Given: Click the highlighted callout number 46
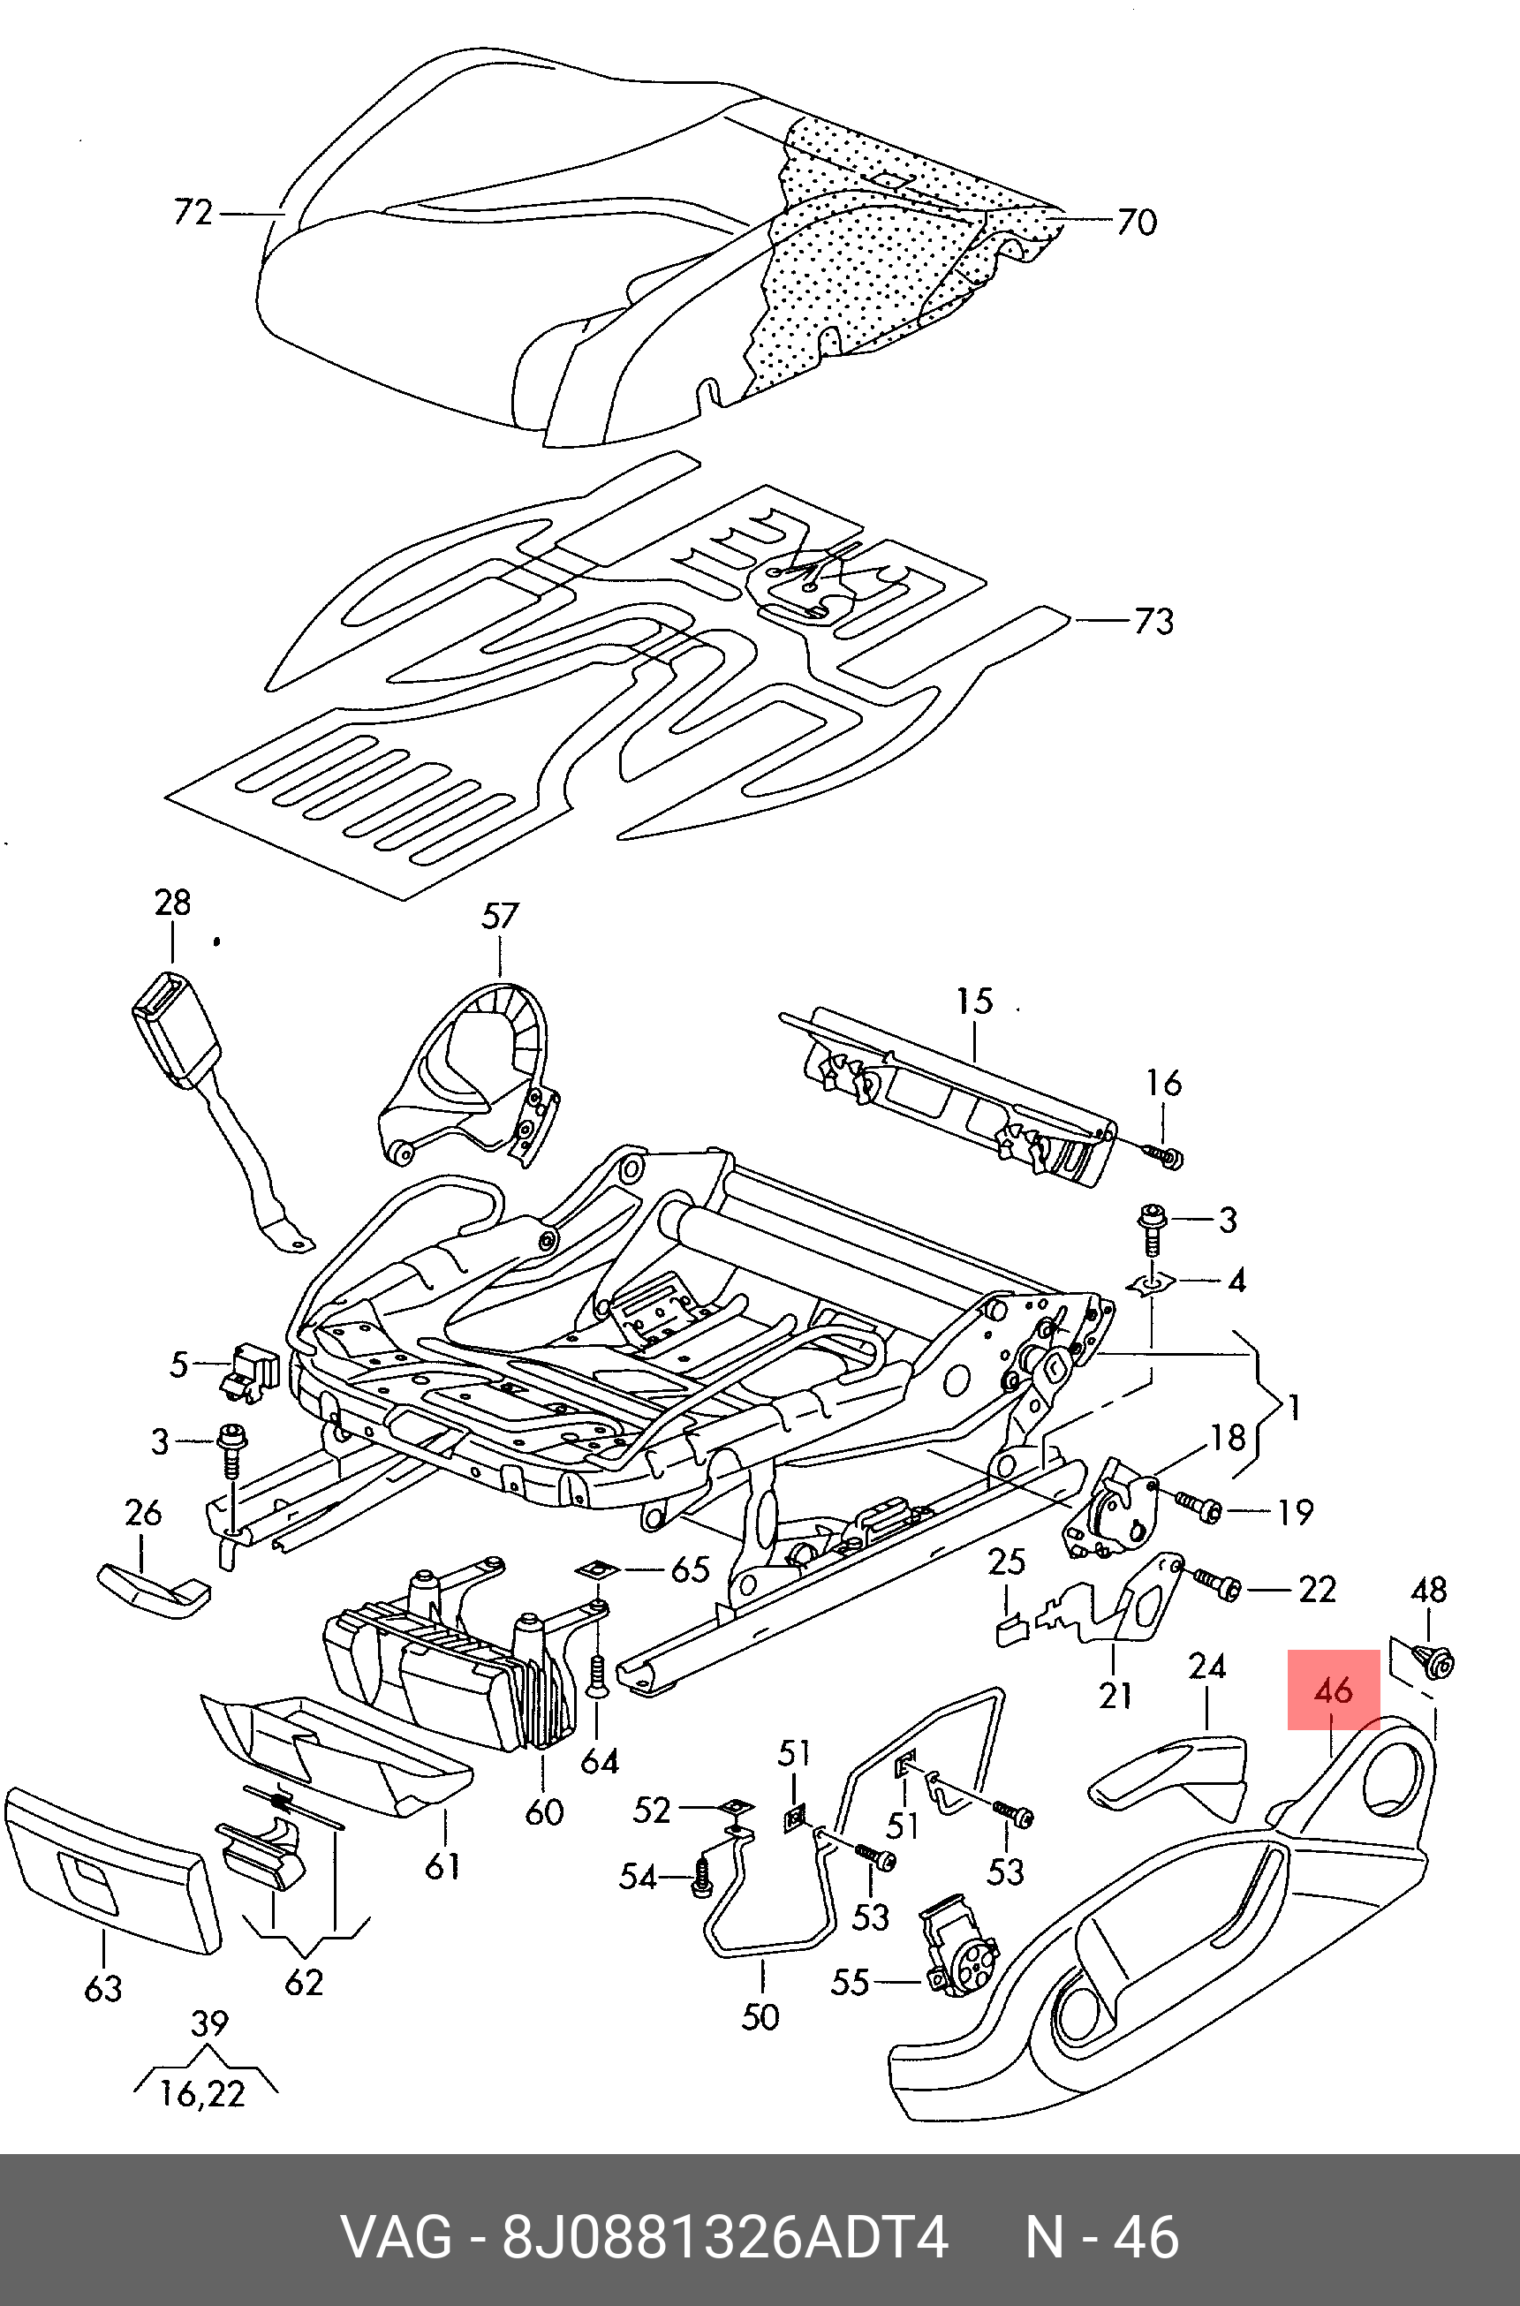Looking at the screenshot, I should tap(1333, 1691).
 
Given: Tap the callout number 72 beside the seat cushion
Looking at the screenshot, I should tap(192, 211).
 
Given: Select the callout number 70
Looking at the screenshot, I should tap(1136, 222).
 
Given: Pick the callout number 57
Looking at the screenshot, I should tap(499, 916).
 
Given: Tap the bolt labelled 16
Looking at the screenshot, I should tap(1162, 1155).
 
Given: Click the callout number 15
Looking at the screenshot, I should tap(974, 1001).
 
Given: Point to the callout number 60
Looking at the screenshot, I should tap(544, 1811).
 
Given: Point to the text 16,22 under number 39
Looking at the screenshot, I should tap(203, 2094).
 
